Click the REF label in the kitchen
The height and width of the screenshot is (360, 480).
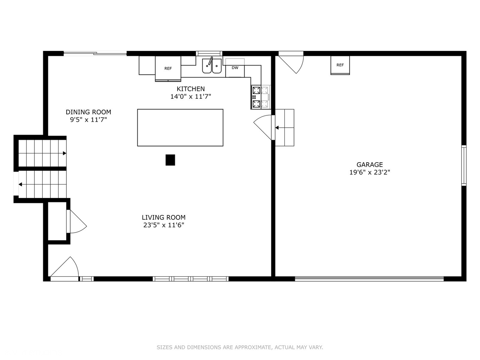[168, 68]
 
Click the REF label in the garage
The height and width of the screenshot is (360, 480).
[340, 65]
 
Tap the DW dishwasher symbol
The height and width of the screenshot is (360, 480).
[235, 68]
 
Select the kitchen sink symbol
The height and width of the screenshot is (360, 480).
[212, 66]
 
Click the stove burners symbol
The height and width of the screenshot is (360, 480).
[256, 97]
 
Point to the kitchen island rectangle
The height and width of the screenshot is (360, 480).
[180, 128]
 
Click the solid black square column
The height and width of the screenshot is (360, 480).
[170, 160]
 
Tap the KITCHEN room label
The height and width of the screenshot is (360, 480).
[191, 89]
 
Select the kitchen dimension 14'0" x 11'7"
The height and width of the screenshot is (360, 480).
[191, 97]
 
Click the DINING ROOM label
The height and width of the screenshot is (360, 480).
[88, 112]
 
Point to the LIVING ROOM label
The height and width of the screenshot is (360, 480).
[164, 217]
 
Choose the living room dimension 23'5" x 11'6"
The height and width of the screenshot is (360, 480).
[164, 225]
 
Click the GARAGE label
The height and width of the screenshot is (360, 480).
[370, 165]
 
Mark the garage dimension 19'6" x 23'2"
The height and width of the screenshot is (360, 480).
[370, 172]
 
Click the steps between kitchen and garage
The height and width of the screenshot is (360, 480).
[285, 128]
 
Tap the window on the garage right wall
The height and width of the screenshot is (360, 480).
[464, 165]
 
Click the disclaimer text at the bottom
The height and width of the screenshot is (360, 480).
[240, 347]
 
